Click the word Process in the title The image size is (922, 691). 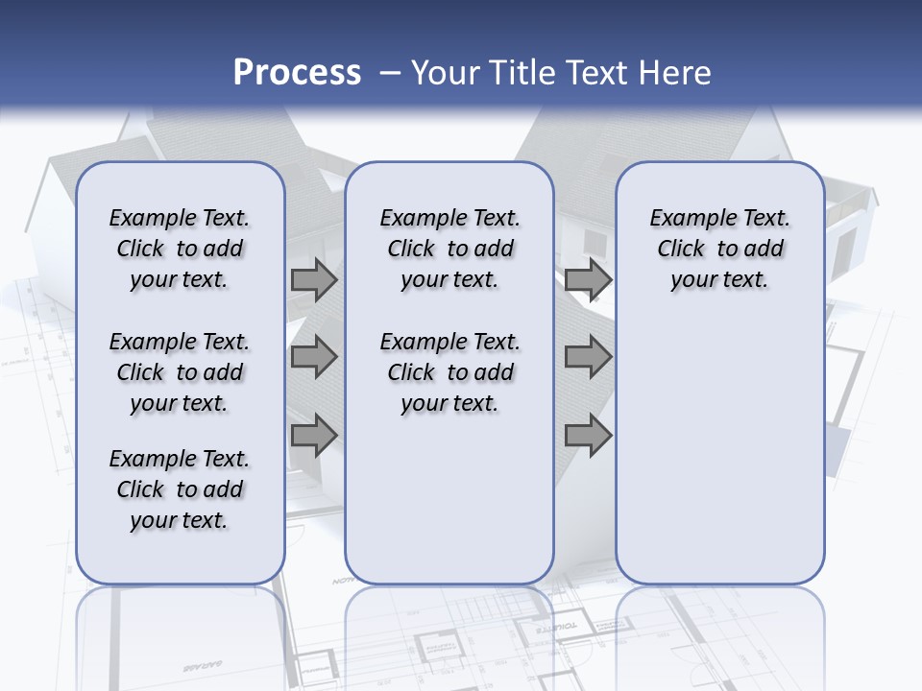(297, 73)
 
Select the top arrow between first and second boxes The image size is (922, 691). (314, 280)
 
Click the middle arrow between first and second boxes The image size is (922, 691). (314, 358)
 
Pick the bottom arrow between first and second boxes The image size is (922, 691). (314, 436)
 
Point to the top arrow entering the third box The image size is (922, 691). (588, 280)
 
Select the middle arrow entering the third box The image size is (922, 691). (588, 358)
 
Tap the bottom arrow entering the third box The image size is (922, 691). (588, 436)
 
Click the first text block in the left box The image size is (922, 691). (180, 249)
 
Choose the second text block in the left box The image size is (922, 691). (180, 372)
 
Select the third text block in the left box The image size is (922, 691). (180, 489)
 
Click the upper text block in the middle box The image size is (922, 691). (449, 249)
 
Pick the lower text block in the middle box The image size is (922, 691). (449, 372)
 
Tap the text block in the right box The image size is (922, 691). (719, 249)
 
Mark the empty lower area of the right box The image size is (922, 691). (719, 451)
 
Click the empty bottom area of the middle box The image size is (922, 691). (449, 509)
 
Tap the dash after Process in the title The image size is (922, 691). (390, 73)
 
